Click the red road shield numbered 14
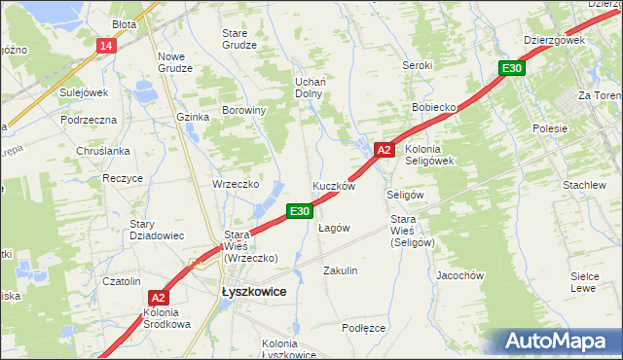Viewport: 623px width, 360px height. click(x=106, y=46)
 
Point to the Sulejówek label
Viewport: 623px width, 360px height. click(x=83, y=92)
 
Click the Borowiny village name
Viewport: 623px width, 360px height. click(x=244, y=110)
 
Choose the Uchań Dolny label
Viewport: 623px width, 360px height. click(x=310, y=88)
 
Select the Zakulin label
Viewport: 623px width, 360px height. click(x=341, y=270)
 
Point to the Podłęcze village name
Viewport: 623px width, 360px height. click(x=364, y=328)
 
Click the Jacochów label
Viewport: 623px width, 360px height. click(x=460, y=275)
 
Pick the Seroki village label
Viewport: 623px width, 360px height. click(x=418, y=65)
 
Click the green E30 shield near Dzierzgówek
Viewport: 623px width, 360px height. click(x=512, y=68)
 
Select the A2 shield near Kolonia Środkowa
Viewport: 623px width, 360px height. click(x=160, y=299)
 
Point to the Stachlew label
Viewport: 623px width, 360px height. click(x=584, y=185)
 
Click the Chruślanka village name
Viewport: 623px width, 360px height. click(x=102, y=151)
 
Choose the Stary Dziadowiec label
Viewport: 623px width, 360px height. click(x=157, y=230)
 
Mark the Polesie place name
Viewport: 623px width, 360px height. click(x=550, y=128)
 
